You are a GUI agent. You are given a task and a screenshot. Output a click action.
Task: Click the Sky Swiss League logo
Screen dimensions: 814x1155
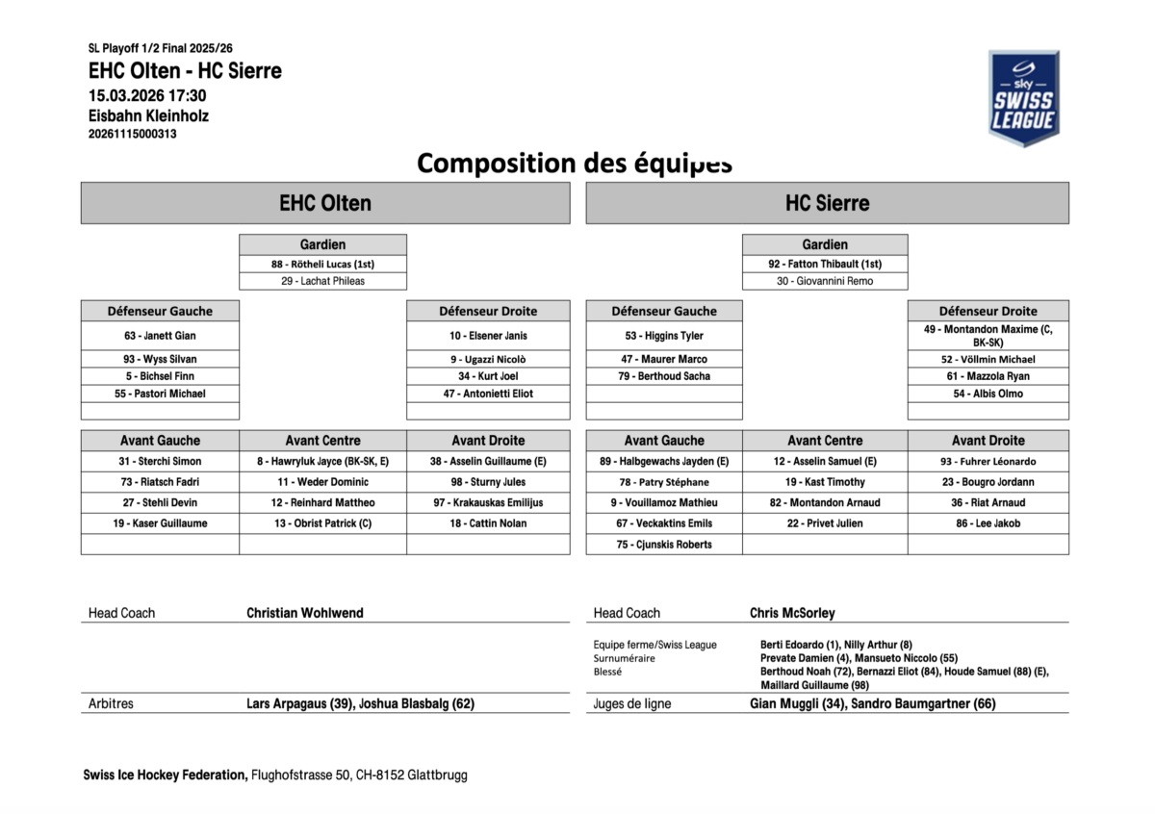point(1023,98)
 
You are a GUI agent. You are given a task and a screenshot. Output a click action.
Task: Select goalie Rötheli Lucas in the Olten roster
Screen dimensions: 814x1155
point(322,264)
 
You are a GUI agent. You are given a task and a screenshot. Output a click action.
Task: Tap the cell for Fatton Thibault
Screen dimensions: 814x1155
point(825,264)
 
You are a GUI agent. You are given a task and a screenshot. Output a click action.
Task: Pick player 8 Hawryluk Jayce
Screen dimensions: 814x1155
point(322,461)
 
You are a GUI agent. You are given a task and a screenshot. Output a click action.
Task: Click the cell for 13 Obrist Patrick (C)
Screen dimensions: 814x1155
point(322,523)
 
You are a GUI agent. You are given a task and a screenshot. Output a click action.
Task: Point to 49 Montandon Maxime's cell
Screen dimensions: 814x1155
point(988,335)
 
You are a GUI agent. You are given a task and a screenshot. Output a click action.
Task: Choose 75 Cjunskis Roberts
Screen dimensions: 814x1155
point(664,545)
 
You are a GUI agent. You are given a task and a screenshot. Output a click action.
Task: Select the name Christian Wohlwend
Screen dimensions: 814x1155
point(305,613)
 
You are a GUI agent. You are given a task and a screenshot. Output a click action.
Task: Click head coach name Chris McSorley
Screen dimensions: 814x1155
point(792,613)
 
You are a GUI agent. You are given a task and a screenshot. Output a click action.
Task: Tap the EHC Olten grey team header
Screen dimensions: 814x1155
point(325,203)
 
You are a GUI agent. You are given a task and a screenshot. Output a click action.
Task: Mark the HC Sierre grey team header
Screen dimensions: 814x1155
point(827,203)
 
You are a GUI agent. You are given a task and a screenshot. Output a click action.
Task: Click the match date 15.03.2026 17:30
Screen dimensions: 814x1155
point(147,96)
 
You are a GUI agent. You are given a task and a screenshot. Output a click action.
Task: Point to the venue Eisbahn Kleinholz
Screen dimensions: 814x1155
point(148,115)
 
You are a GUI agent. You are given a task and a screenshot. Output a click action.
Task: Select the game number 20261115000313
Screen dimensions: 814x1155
point(132,134)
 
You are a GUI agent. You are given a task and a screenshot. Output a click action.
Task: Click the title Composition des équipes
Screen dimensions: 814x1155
point(575,163)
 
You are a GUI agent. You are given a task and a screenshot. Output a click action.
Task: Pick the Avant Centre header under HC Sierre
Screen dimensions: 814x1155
point(825,441)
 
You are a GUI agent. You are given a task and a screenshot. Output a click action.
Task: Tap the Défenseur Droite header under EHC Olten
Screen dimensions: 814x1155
point(488,311)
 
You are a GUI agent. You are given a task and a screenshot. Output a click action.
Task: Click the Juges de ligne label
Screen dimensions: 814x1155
point(632,703)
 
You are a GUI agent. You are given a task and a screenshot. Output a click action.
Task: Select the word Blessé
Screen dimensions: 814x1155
point(607,672)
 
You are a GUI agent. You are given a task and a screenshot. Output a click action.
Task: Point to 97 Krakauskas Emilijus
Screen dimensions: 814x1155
point(488,502)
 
